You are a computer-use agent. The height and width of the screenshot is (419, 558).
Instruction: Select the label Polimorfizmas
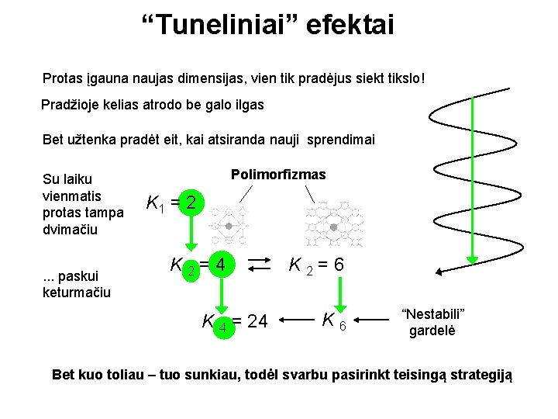point(278,175)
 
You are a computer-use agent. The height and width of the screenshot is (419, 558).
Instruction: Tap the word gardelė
point(433,330)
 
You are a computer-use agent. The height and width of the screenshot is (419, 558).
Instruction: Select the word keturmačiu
point(77,293)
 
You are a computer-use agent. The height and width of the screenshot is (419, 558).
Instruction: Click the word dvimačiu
point(71,230)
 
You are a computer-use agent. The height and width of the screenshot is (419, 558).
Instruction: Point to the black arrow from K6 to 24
point(296,318)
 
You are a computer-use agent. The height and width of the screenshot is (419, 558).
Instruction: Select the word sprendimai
point(341,140)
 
